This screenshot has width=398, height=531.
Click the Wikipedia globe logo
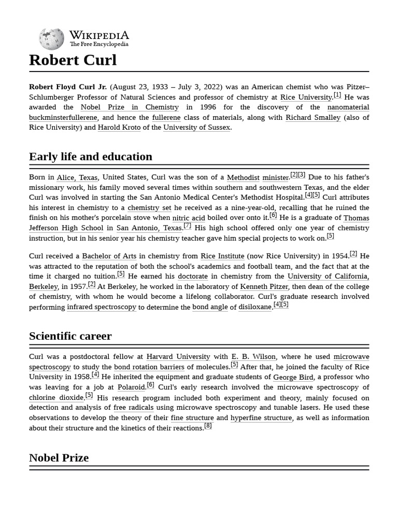pyautogui.click(x=51, y=39)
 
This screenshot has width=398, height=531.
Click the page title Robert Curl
pyautogui.click(x=73, y=60)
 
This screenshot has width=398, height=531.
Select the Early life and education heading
pyautogui.click(x=91, y=157)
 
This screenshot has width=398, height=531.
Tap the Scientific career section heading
pyautogui.click(x=70, y=336)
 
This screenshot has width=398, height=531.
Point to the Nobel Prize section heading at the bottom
pyautogui.click(x=59, y=458)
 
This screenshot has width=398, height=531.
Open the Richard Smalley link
pyautogui.click(x=313, y=118)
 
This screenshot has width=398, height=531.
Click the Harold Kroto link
pyautogui.click(x=119, y=128)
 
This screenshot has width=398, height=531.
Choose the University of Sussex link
pyautogui.click(x=196, y=128)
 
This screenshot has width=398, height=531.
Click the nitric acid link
pyautogui.click(x=189, y=218)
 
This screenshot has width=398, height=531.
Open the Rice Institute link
pyautogui.click(x=222, y=256)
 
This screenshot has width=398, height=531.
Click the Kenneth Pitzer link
pyautogui.click(x=265, y=287)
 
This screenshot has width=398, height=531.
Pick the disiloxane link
pyautogui.click(x=255, y=307)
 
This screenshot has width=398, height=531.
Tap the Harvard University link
pyautogui.click(x=178, y=357)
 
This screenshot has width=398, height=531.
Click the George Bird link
pyautogui.click(x=293, y=378)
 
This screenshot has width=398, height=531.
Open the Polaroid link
pyautogui.click(x=131, y=387)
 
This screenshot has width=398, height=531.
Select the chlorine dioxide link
pyautogui.click(x=56, y=398)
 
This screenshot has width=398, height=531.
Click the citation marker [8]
pyautogui.click(x=208, y=426)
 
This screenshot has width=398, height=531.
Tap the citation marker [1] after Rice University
pyautogui.click(x=337, y=95)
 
